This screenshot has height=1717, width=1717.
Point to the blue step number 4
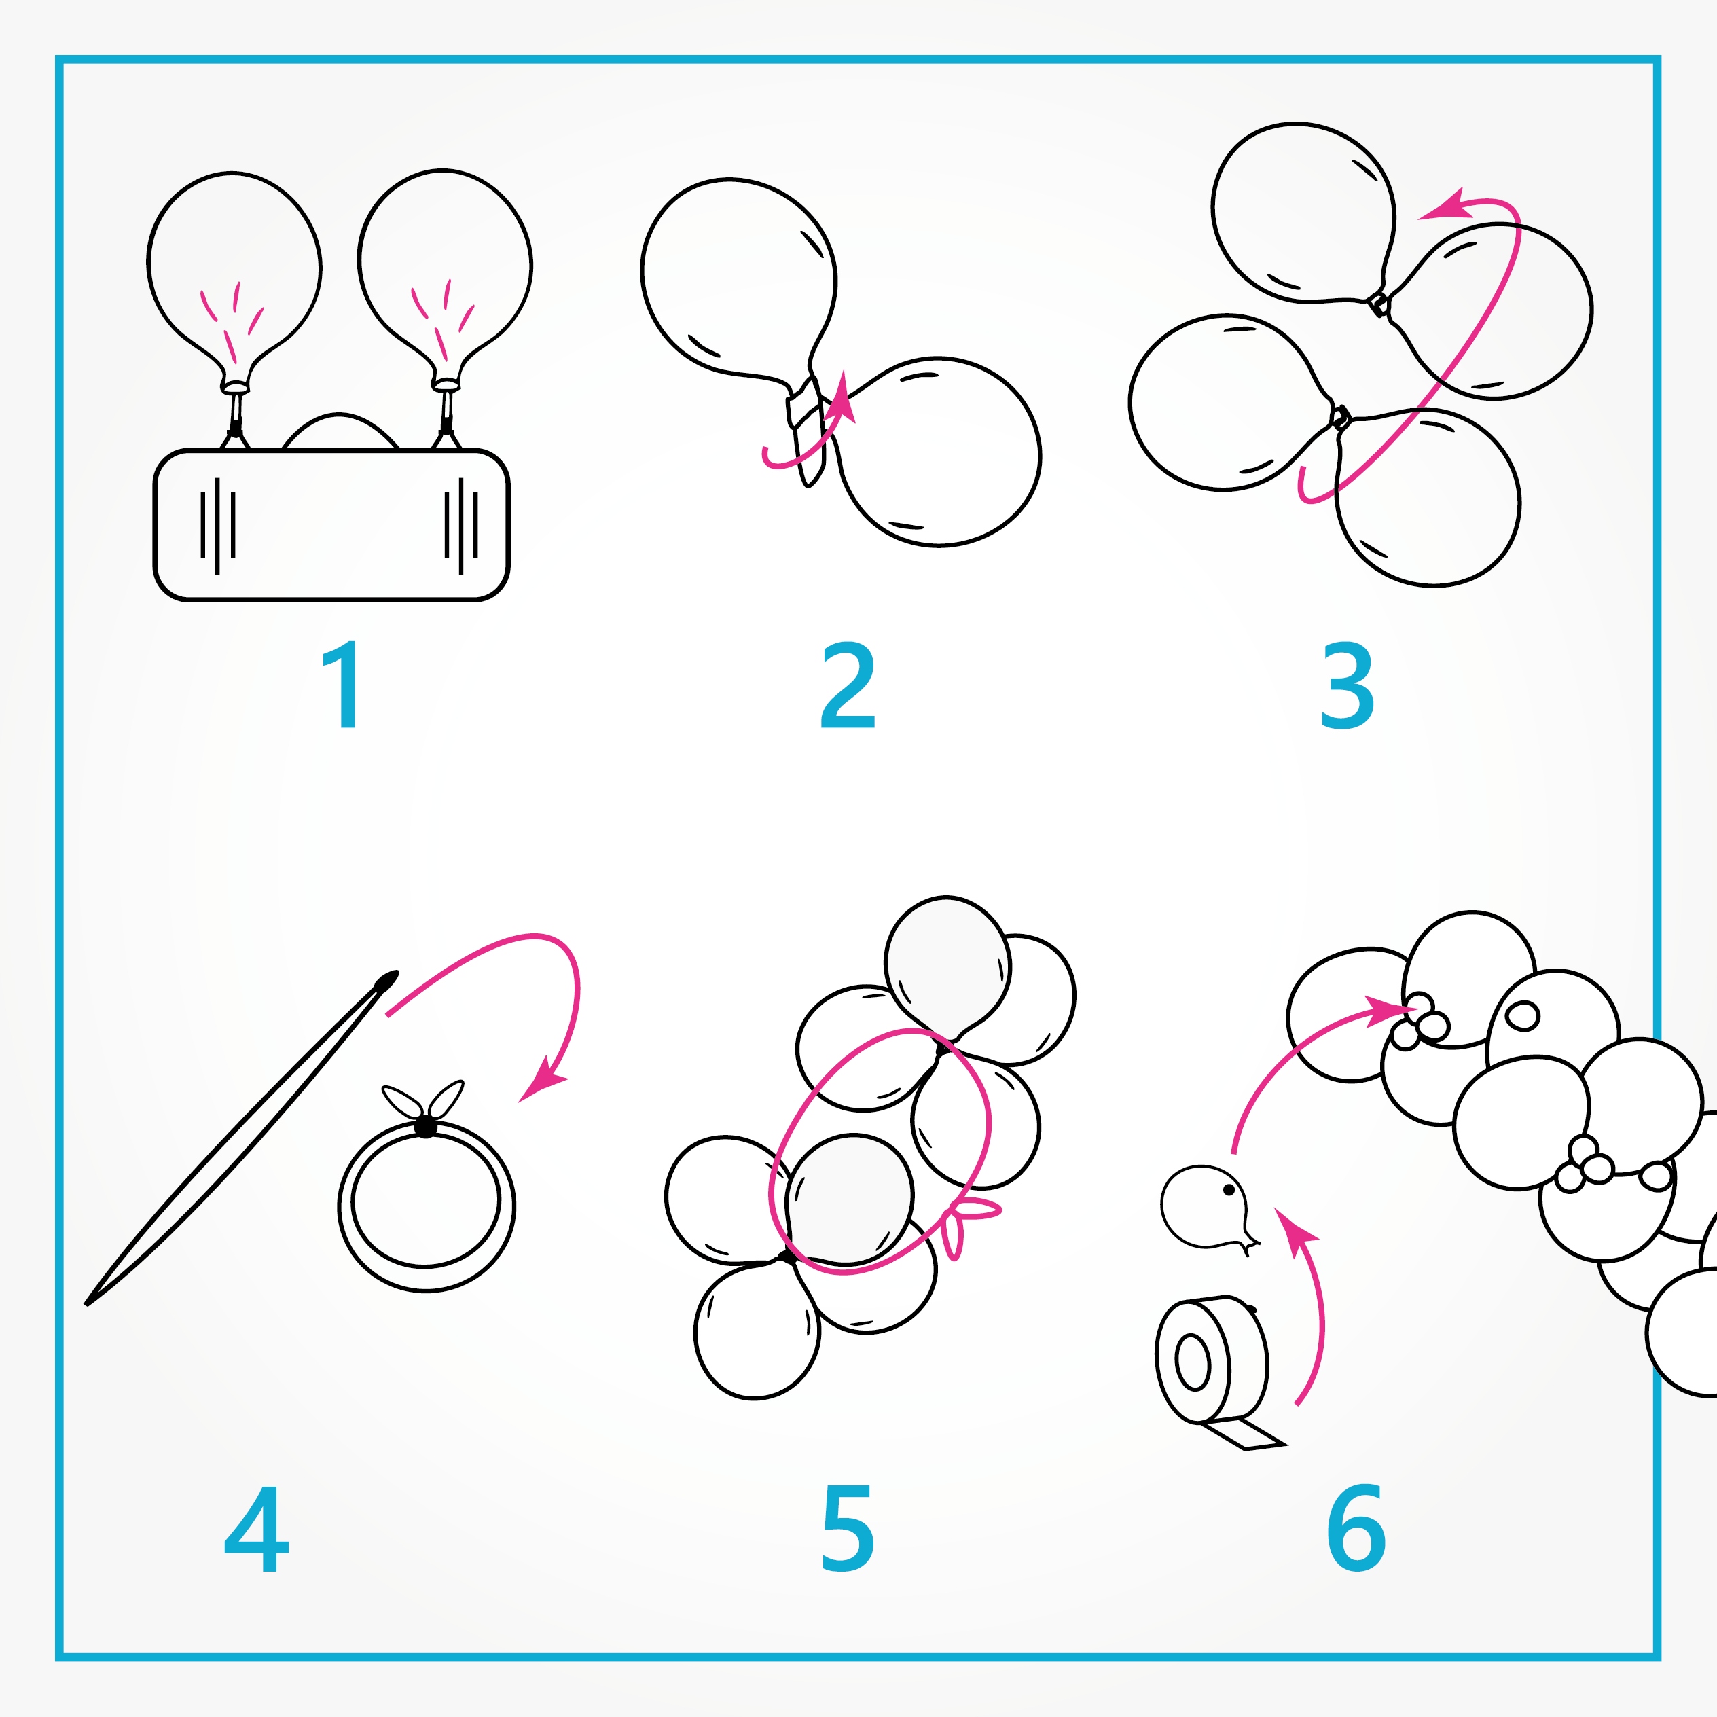coord(256,1530)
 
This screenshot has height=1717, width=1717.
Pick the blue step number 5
coord(848,1530)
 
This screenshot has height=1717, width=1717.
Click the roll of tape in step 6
coord(1212,1360)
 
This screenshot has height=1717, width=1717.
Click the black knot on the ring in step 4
coord(426,1127)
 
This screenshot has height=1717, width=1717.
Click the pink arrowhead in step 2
coord(841,398)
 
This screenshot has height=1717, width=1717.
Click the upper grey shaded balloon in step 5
coord(947,968)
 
